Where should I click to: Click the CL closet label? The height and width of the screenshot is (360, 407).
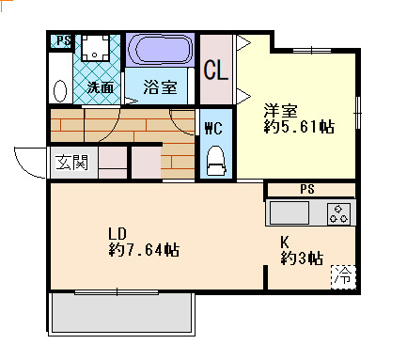[215, 70]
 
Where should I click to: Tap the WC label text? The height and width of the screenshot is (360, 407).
[213, 128]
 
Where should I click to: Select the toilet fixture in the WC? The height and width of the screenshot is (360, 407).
[216, 160]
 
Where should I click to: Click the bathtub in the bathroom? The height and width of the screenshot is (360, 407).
[160, 50]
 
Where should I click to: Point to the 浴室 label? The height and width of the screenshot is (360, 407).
[161, 86]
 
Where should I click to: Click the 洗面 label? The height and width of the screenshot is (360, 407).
[101, 87]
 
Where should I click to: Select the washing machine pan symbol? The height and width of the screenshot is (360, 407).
[95, 47]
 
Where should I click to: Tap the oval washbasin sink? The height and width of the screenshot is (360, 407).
[60, 91]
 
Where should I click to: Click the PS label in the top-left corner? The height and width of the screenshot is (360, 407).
[64, 40]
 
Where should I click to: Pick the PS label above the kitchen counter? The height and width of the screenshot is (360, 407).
[307, 189]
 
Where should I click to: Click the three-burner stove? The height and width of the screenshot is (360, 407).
[338, 213]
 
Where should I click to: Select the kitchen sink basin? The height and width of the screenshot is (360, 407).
[290, 213]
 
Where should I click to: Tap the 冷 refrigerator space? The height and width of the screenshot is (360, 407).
[343, 277]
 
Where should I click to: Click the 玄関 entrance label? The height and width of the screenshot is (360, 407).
[71, 163]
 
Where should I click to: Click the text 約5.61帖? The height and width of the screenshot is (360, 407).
[299, 127]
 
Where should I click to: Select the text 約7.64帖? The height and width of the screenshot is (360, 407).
[144, 250]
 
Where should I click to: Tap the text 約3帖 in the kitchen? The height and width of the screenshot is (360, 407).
[302, 258]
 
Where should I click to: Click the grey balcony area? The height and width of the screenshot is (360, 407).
[122, 312]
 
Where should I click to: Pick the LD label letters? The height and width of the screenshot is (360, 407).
[117, 233]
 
